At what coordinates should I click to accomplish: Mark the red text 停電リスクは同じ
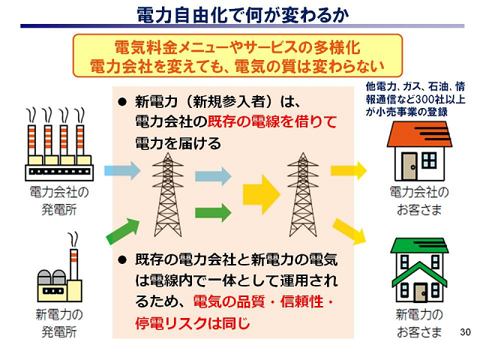point(183,324)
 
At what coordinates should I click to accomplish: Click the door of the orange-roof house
point(409,164)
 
